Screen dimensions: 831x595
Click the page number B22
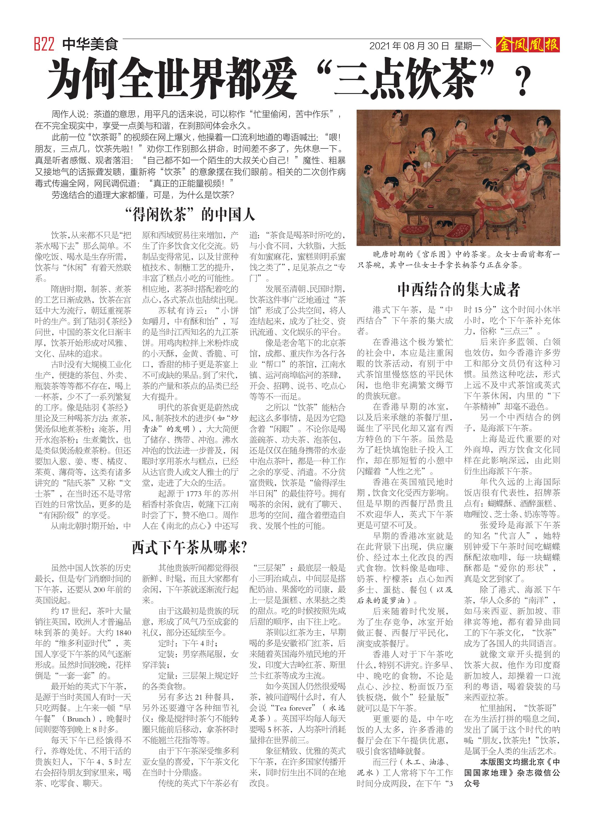coord(44,44)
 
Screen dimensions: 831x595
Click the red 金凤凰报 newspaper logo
coord(527,45)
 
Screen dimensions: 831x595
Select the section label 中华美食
coord(90,44)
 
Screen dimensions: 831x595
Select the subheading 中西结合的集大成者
coord(459,289)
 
